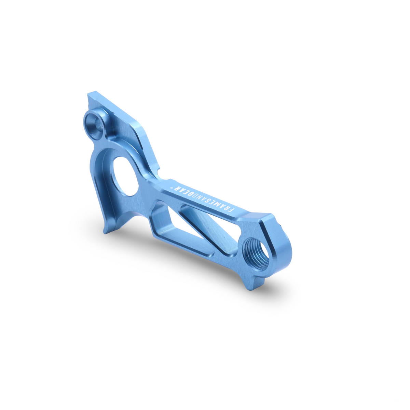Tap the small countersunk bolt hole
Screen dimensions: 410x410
(x=94, y=126)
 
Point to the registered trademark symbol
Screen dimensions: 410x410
(x=170, y=188)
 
